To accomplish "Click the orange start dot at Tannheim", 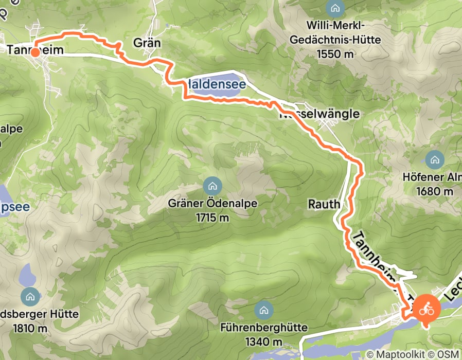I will pyautogui.click(x=34, y=52).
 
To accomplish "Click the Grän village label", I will pyautogui.click(x=147, y=43).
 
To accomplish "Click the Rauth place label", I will pyautogui.click(x=324, y=204).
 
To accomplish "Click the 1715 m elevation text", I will pyautogui.click(x=212, y=218).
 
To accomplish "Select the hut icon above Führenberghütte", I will pyautogui.click(x=263, y=310).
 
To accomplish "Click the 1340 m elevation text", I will pyautogui.click(x=263, y=342).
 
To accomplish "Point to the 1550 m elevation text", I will pyautogui.click(x=335, y=53).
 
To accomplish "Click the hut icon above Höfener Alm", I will pyautogui.click(x=435, y=159).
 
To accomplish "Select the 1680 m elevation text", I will pyautogui.click(x=435, y=192).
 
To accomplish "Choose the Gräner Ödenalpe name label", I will pyautogui.click(x=212, y=203).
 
